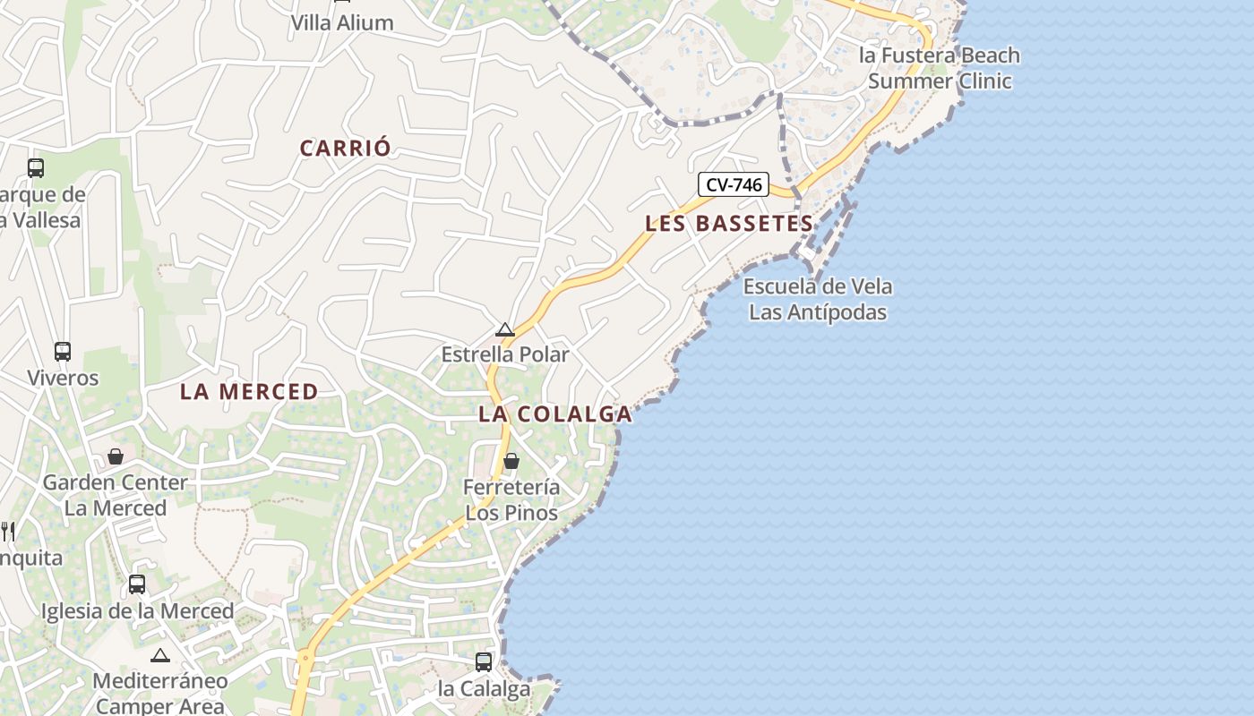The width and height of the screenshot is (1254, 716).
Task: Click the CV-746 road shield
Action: click(x=734, y=185)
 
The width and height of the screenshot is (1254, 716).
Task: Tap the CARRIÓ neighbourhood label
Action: click(x=345, y=149)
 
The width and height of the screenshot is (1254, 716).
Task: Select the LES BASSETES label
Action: click(x=729, y=224)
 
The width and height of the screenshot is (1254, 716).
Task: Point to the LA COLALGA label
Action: click(x=555, y=414)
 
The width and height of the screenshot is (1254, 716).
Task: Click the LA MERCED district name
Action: click(x=249, y=392)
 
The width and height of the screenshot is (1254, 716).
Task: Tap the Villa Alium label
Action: click(x=342, y=23)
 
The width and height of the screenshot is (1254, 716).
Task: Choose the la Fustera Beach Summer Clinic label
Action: click(x=940, y=68)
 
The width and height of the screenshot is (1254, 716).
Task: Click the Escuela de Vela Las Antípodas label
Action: click(x=818, y=300)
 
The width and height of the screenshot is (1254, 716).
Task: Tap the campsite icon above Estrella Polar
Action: click(x=505, y=330)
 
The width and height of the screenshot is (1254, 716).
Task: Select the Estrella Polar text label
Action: click(x=505, y=355)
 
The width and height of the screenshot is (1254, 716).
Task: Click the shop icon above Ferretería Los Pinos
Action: click(x=511, y=462)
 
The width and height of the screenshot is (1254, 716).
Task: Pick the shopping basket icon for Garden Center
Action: click(x=116, y=457)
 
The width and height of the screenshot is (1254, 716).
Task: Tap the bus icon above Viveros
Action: click(x=62, y=352)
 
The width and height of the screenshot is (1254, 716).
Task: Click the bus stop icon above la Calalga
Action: click(x=484, y=662)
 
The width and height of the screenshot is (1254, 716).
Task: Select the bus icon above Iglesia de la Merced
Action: click(x=137, y=584)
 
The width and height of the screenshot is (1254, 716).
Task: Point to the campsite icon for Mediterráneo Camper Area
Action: click(x=160, y=656)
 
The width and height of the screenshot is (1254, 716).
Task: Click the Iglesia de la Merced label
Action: click(x=137, y=612)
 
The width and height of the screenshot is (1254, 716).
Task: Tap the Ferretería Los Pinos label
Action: click(x=511, y=500)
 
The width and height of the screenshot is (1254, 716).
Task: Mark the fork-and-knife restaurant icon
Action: click(x=8, y=532)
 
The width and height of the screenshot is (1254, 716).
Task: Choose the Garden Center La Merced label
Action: click(x=116, y=496)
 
